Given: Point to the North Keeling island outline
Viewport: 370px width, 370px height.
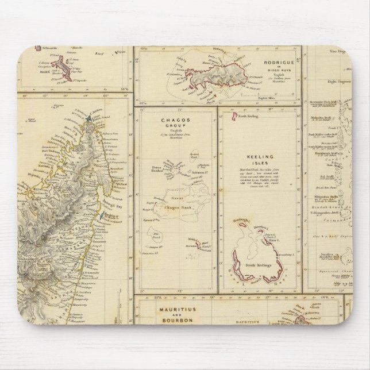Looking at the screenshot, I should [x=236, y=118].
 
